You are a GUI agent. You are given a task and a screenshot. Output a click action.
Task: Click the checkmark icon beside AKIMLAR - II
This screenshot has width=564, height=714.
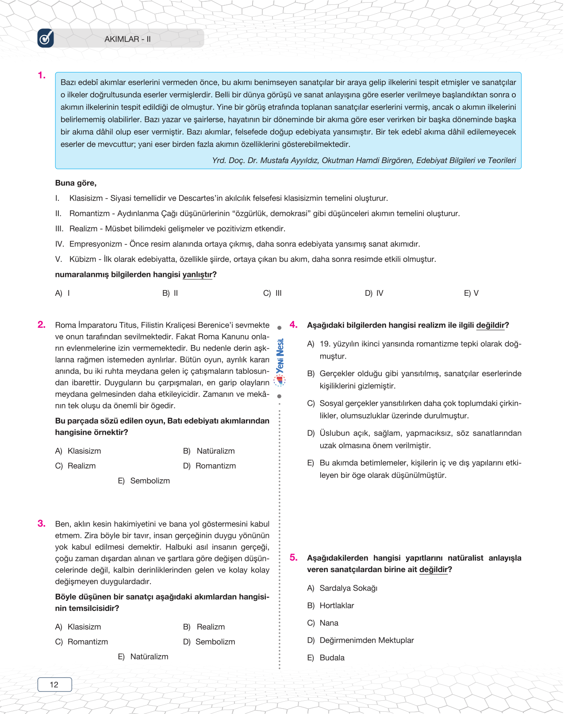[x=46, y=38]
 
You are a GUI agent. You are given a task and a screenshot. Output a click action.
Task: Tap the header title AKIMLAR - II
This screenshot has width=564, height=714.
[x=127, y=39]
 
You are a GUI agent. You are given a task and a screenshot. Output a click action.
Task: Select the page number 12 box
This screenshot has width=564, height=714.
[x=54, y=684]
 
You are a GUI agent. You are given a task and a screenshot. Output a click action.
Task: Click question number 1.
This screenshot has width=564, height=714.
[x=42, y=76]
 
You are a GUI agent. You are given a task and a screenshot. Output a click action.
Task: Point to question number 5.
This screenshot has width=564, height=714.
[x=294, y=557]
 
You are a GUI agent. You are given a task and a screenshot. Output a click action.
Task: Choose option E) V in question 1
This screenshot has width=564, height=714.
[x=471, y=293]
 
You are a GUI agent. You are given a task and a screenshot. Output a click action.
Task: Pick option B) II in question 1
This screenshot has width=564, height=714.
[x=170, y=293]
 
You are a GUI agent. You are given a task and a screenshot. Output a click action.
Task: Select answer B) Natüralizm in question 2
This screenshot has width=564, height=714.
[x=209, y=451]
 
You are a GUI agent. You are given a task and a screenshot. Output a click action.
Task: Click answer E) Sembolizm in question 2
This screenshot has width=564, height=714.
[x=144, y=481]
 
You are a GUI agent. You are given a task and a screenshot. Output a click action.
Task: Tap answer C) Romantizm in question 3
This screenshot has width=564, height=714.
[x=82, y=641]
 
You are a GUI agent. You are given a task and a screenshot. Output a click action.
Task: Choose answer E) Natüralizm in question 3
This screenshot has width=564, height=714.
[x=143, y=657]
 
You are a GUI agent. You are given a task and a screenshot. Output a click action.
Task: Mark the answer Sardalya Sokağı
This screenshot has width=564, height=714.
[x=348, y=588]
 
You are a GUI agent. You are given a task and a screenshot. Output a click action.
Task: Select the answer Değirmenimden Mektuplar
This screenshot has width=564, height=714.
[x=366, y=640]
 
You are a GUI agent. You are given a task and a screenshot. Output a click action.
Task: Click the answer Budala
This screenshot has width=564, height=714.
[x=332, y=657]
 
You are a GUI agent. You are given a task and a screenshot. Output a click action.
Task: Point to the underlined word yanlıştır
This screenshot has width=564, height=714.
[x=197, y=275]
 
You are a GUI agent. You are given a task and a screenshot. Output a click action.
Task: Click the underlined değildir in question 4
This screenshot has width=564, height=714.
[x=490, y=325]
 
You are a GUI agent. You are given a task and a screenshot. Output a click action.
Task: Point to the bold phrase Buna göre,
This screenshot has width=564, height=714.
[x=76, y=183]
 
